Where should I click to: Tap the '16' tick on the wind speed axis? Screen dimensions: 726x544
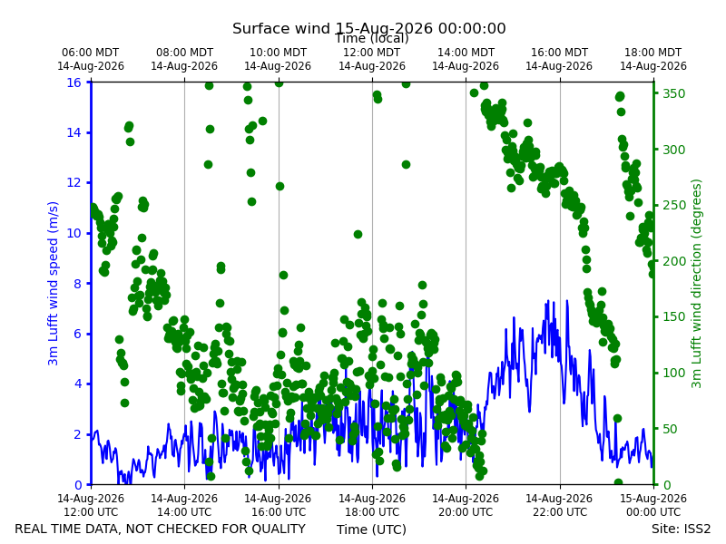pos(74,83)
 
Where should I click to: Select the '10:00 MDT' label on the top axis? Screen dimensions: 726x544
pos(278,53)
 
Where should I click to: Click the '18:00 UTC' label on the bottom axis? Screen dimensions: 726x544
pos(372,512)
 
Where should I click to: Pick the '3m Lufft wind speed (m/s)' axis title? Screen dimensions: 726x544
pos(54,283)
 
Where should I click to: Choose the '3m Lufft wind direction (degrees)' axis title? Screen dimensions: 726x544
pos(696,284)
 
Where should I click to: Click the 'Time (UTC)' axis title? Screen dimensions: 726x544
pos(371,529)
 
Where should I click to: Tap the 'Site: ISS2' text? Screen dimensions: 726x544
pos(681,529)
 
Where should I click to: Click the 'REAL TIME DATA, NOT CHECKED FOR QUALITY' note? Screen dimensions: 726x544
pos(161,529)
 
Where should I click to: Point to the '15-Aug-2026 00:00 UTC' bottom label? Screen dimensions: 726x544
pos(653,505)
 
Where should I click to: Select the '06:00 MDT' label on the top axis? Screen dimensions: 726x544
pos(90,53)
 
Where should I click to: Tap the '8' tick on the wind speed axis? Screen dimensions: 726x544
pos(77,284)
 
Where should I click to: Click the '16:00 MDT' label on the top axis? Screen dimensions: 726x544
pos(559,53)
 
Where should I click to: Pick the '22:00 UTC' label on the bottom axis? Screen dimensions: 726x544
pos(560,512)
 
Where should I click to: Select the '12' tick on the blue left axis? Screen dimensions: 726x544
pos(74,183)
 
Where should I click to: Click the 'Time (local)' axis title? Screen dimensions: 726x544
pos(372,38)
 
